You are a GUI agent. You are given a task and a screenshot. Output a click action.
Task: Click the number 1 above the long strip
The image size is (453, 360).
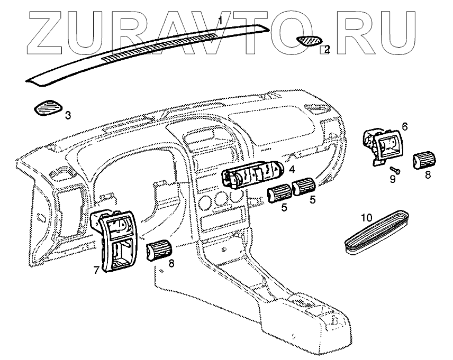click(x=221, y=20)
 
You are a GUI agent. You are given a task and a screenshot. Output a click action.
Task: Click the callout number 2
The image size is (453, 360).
click(x=327, y=49)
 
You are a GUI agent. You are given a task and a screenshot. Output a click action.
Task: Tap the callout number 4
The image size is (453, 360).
click(x=292, y=170)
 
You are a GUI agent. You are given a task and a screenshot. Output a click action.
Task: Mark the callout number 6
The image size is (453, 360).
click(x=405, y=126)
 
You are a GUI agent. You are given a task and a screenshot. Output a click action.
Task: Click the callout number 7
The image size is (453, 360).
click(x=96, y=270)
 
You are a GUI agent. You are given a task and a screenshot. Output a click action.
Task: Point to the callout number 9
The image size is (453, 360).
click(x=392, y=179)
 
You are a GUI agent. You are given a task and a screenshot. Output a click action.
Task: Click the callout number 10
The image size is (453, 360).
click(x=366, y=217)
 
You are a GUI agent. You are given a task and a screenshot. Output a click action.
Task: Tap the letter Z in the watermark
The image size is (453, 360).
click(x=53, y=32)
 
